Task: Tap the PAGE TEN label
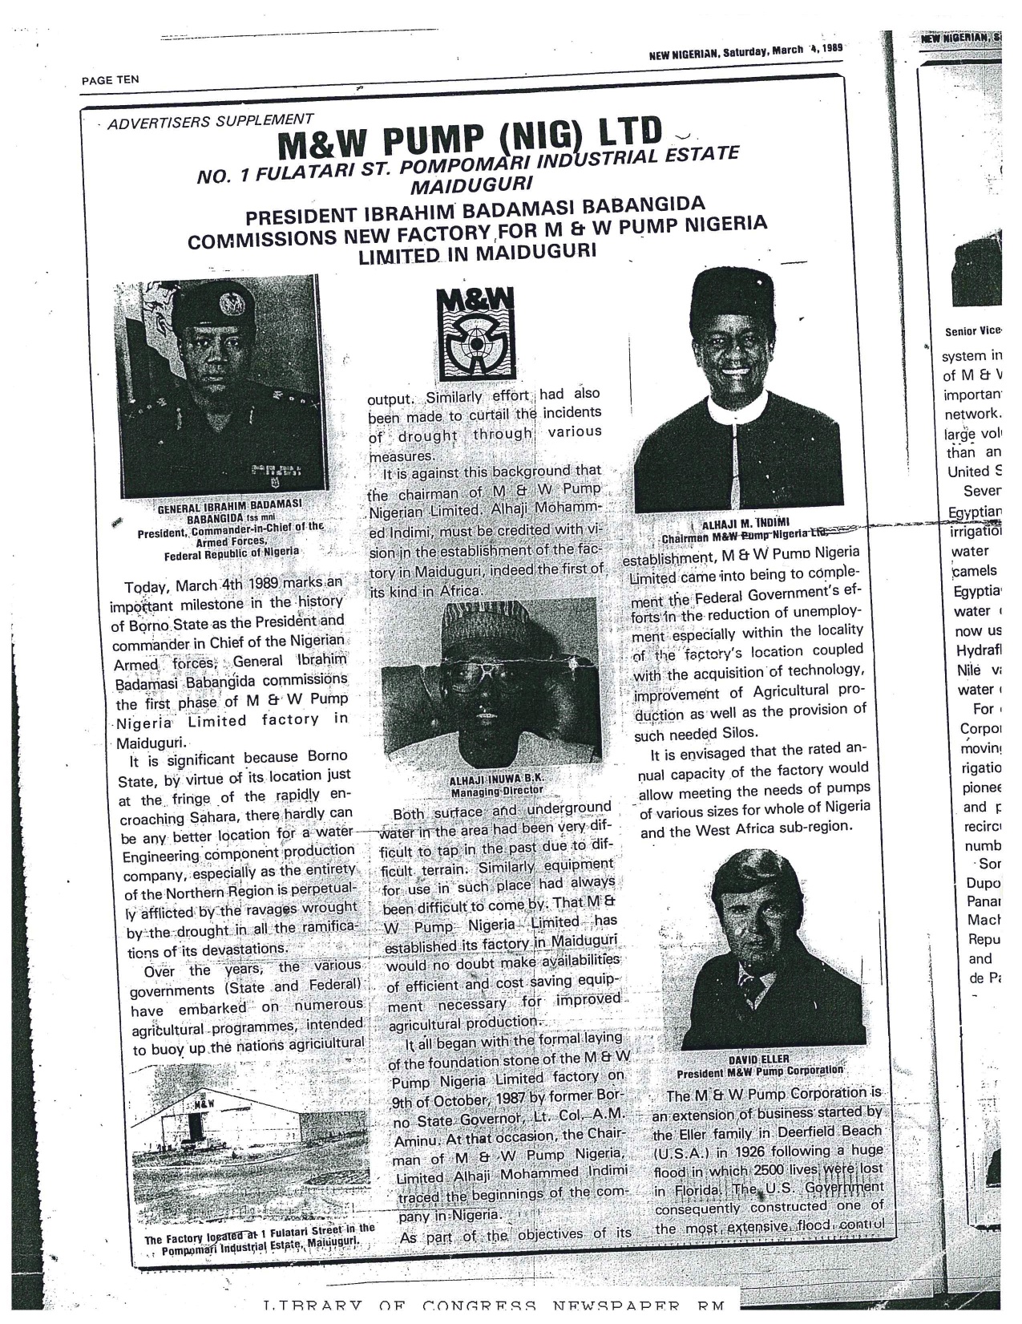click(x=111, y=79)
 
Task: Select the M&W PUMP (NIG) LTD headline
click(x=471, y=142)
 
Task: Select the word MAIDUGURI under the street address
click(x=455, y=187)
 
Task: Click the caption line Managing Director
click(x=497, y=791)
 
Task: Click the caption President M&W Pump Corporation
click(x=759, y=1071)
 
